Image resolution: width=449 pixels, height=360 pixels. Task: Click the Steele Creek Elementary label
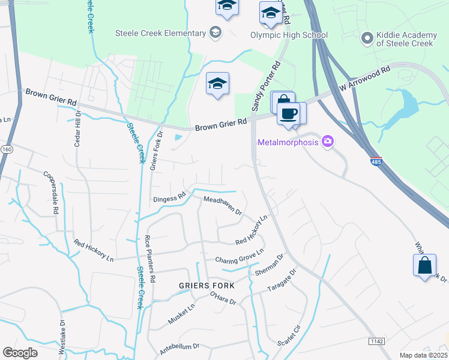tap(160, 33)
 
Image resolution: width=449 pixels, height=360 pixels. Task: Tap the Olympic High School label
tap(289, 35)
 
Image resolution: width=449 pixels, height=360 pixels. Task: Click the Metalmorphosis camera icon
tap(328, 142)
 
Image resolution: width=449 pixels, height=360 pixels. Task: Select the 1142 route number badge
tap(376, 341)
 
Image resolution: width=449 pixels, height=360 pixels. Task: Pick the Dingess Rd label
tap(169, 197)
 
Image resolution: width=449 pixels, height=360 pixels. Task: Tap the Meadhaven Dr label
tap(222, 206)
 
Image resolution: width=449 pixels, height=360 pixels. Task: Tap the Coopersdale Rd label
tap(50, 193)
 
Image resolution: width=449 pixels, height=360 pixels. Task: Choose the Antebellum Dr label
tap(179, 348)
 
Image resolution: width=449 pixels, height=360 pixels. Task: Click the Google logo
tap(20, 353)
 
